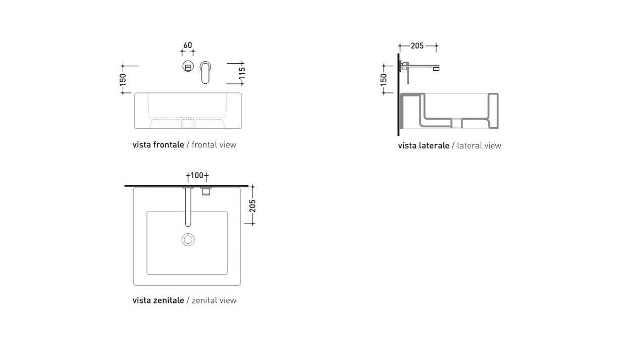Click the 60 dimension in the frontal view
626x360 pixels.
coord(188,45)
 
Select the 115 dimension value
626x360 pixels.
coord(242,73)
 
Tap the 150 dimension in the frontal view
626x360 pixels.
coord(123,80)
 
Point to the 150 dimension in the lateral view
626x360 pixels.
coord(384,80)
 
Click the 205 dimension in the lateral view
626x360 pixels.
coord(417,46)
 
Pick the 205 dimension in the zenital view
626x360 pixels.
coord(252,205)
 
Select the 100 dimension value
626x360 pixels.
coord(197,176)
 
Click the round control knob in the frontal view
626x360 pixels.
coord(188,67)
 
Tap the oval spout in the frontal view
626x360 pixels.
coord(205,72)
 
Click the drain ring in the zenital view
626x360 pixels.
coord(188,239)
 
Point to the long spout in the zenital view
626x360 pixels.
coord(188,207)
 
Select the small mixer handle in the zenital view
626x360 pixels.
coord(206,191)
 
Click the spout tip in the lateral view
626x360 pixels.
coord(436,68)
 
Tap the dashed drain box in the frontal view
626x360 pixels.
coord(188,123)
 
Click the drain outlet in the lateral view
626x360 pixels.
coord(457,123)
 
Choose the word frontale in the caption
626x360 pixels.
coord(169,145)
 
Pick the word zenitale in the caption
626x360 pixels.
coord(169,300)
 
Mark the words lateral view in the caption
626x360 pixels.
coord(479,145)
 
